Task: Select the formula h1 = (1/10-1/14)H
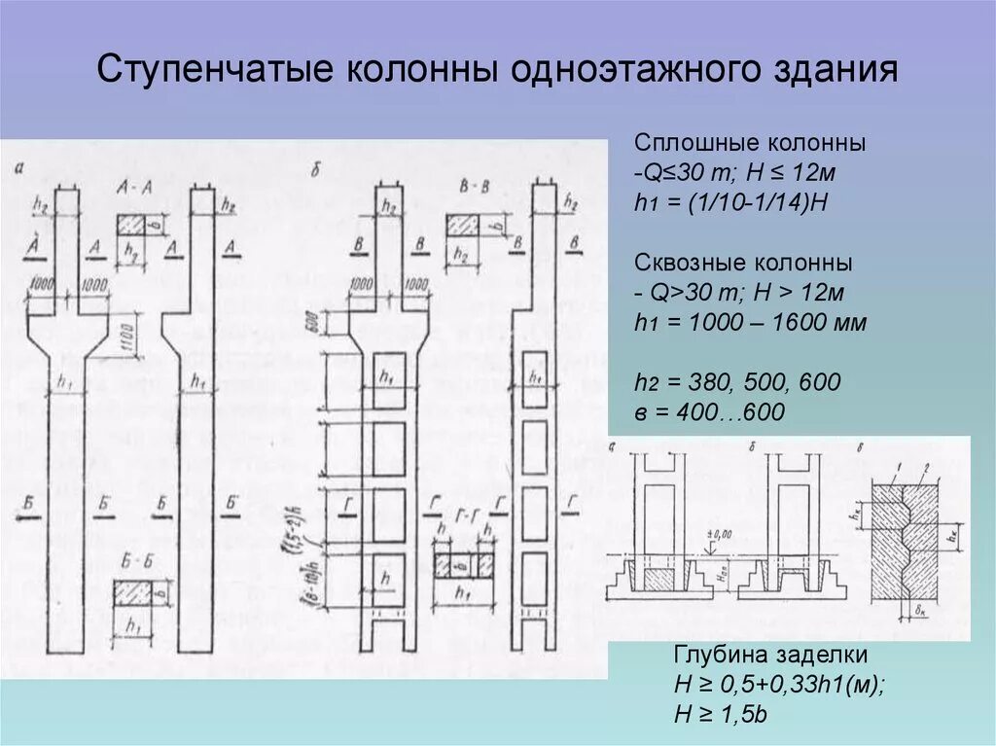tap(729, 204)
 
